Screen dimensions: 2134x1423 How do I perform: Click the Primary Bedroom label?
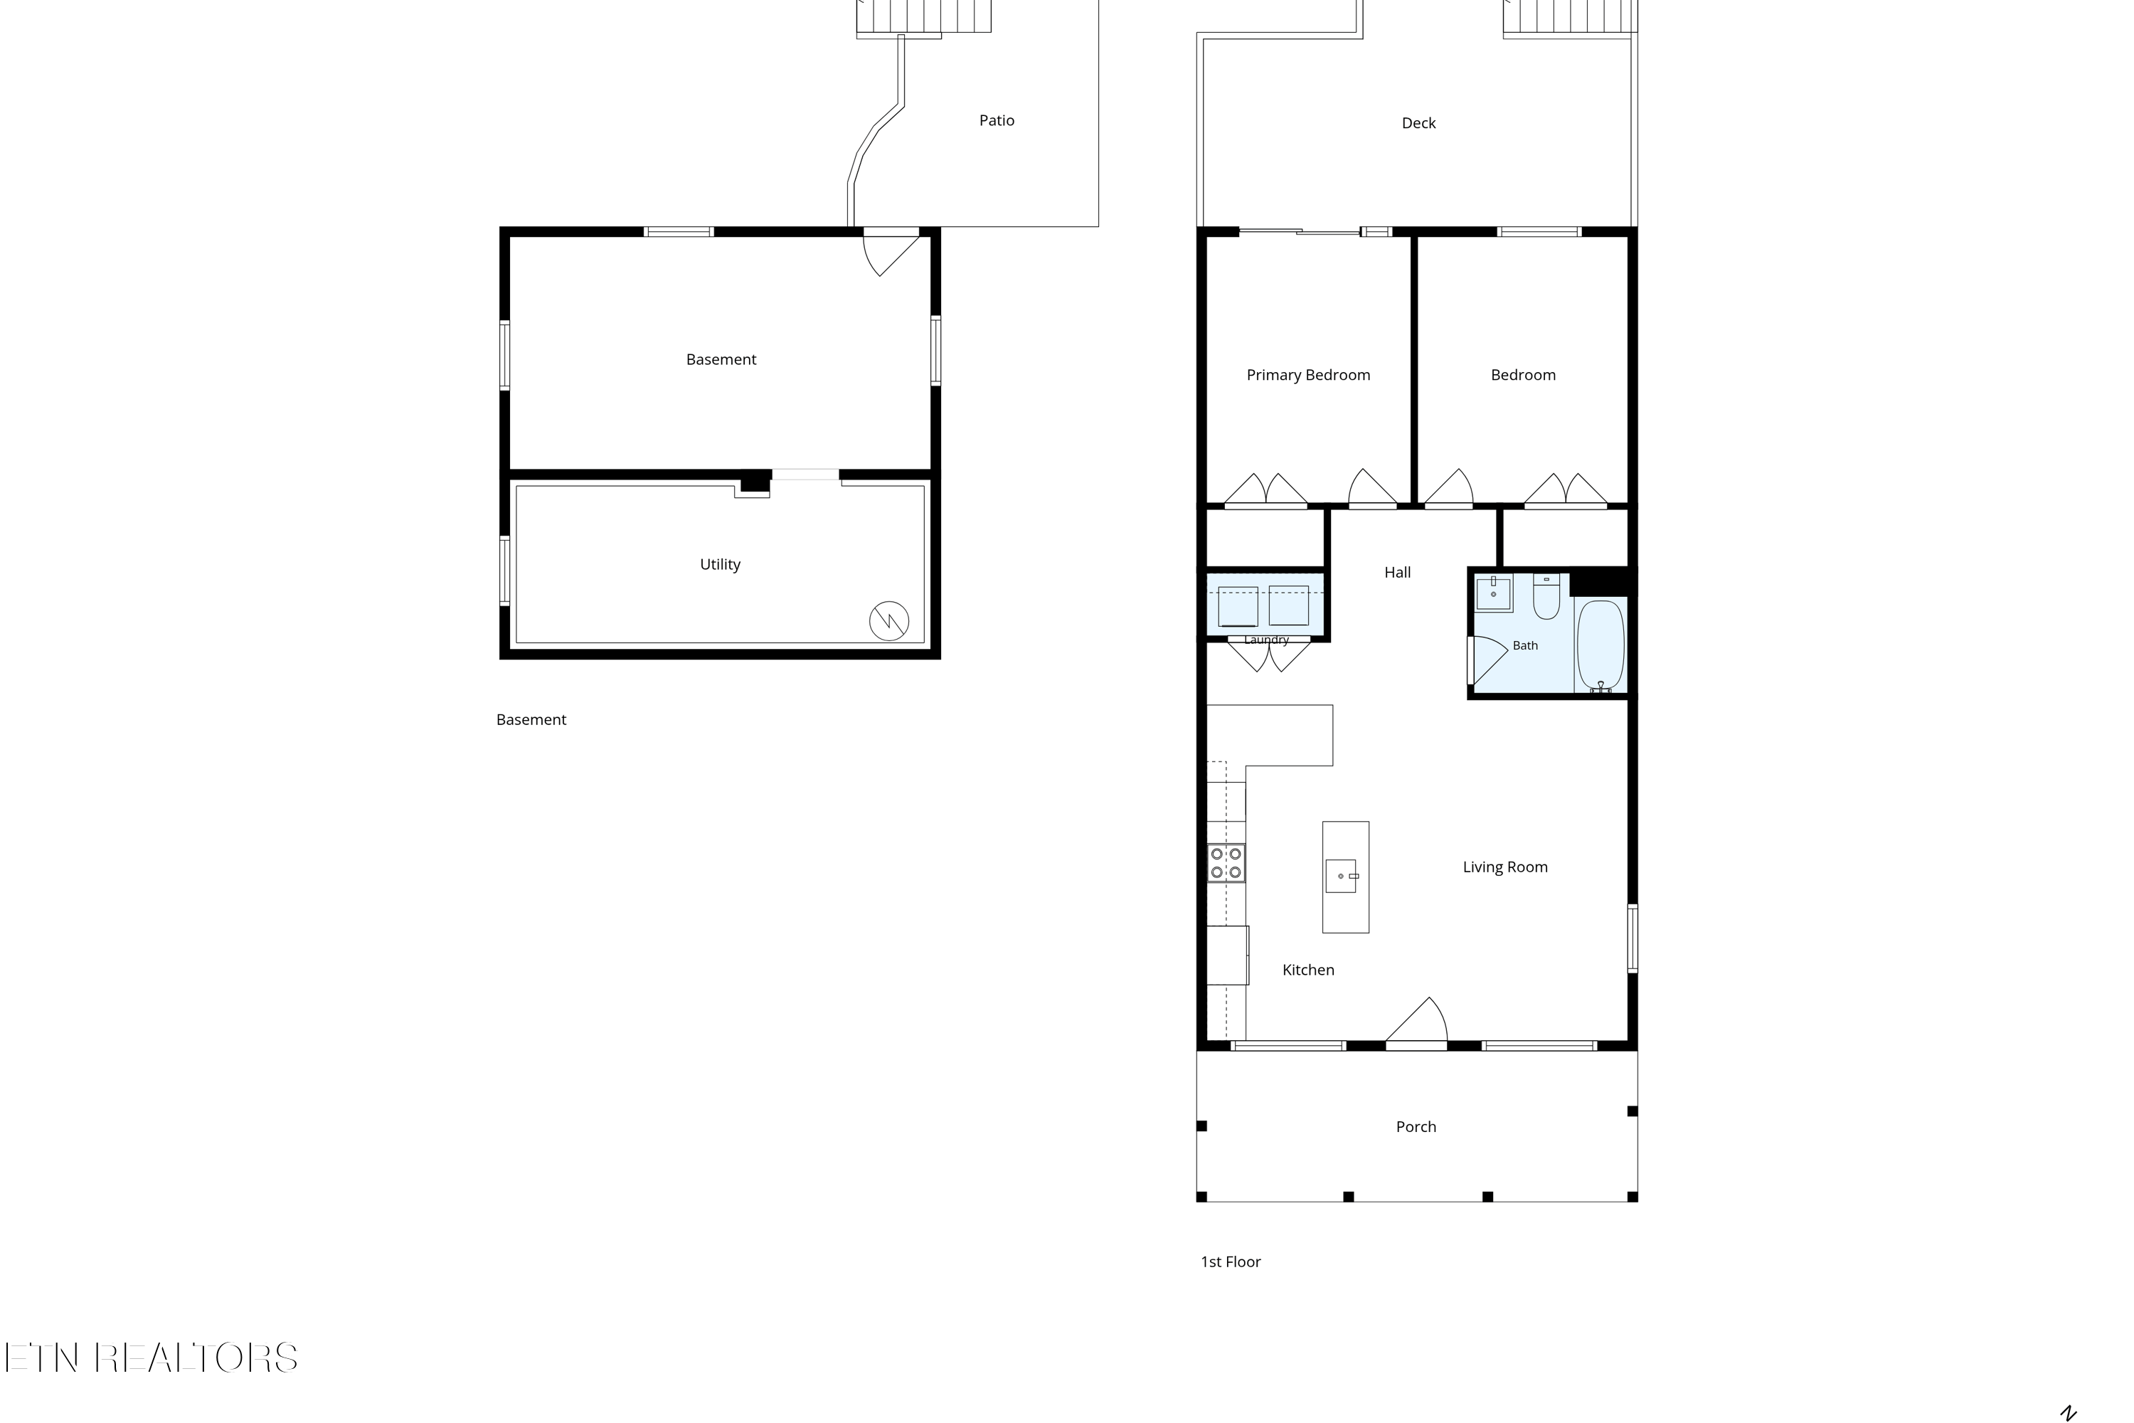coord(1307,376)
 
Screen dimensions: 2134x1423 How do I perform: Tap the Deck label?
coord(1418,123)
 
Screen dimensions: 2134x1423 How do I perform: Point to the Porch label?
coord(1416,1127)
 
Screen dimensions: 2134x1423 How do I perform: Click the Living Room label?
coord(1504,867)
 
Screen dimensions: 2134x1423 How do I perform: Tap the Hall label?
coord(1397,573)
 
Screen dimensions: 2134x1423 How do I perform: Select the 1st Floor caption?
coord(1231,1262)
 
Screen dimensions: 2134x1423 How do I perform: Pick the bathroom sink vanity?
coord(1493,593)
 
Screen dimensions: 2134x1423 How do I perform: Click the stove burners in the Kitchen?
coord(1226,863)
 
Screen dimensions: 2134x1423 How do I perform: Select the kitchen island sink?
coord(1341,877)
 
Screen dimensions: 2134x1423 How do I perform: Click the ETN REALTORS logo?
coord(151,1358)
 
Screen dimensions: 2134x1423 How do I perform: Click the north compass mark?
coord(2069,1413)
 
